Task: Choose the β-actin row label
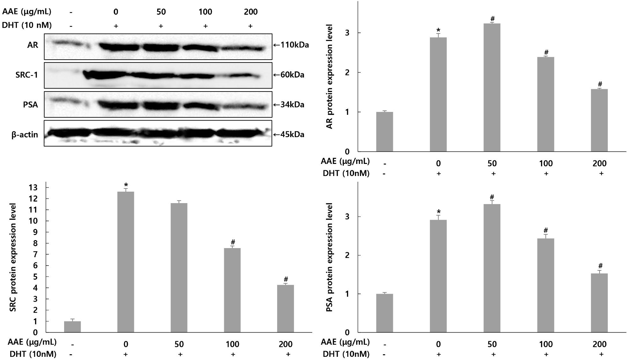(x=25, y=135)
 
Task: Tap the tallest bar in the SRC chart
(x=126, y=261)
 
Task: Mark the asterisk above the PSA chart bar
(x=439, y=212)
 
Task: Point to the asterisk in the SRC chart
(x=126, y=185)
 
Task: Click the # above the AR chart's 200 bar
(x=600, y=84)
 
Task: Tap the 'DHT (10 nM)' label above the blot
(x=27, y=25)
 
